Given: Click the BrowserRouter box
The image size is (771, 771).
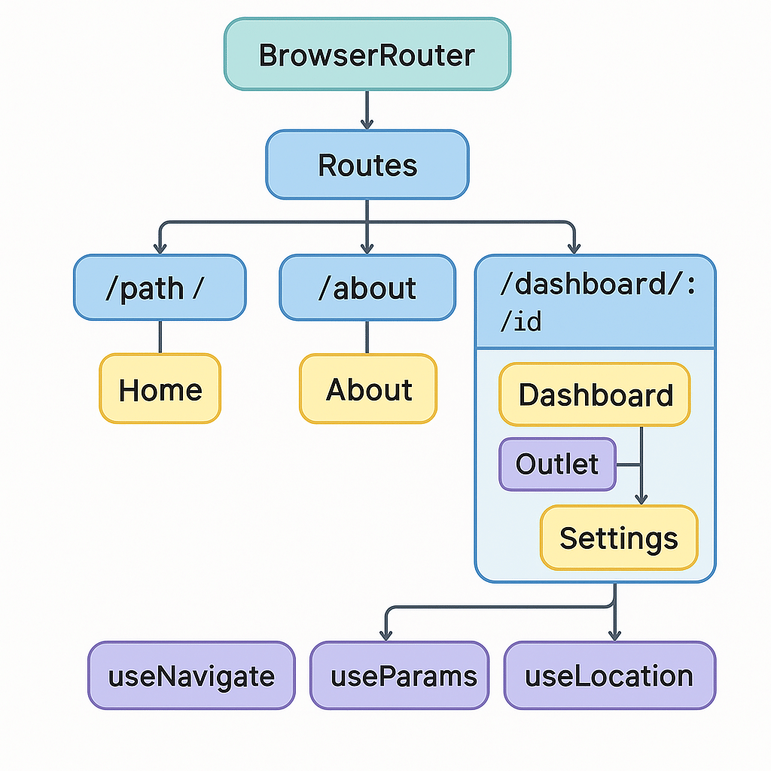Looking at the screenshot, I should (x=367, y=55).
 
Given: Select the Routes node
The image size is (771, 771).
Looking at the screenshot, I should (x=367, y=165).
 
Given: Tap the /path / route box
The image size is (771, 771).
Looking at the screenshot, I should (x=160, y=288).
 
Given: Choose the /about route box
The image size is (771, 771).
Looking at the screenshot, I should (x=367, y=288).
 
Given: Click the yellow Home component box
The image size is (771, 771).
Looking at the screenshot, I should (x=160, y=389).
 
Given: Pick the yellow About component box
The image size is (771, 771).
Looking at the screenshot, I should (x=368, y=389).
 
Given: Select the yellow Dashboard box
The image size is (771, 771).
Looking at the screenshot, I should (x=595, y=395).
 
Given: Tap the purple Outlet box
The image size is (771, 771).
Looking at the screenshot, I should (x=557, y=465).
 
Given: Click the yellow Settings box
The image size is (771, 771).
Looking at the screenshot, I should (x=619, y=538).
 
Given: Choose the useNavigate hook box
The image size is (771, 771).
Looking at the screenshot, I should (x=191, y=675).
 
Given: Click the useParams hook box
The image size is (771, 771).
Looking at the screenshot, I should (x=400, y=675).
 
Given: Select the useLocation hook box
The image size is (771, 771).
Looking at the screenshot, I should (x=609, y=675).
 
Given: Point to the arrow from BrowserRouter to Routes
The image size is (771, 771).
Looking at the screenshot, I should (x=367, y=110).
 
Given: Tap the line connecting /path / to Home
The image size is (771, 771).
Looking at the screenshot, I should (x=160, y=337).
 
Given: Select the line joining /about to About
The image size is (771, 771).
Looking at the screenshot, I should (x=367, y=337).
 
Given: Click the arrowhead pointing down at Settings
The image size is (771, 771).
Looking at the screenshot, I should (x=641, y=498).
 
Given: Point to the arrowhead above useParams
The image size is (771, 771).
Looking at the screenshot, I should (x=386, y=634).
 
